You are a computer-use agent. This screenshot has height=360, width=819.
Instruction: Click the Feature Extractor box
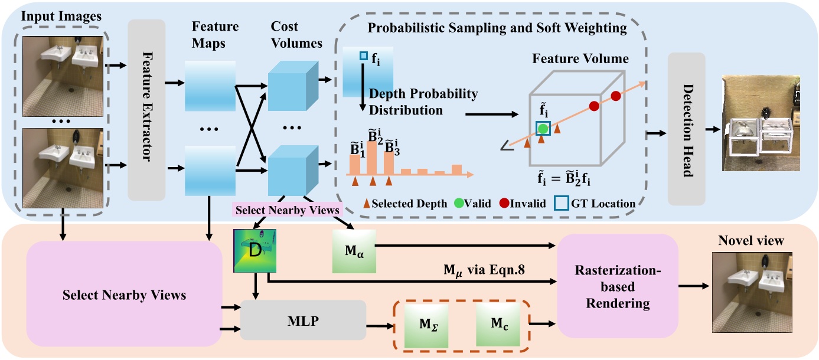point(147,109)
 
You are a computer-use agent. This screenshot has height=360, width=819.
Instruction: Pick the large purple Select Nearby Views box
point(124,294)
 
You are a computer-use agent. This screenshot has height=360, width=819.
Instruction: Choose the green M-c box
point(497,323)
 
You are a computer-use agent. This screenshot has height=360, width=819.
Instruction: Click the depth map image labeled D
point(256,250)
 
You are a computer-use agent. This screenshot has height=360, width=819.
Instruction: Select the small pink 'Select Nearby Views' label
point(288,210)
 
